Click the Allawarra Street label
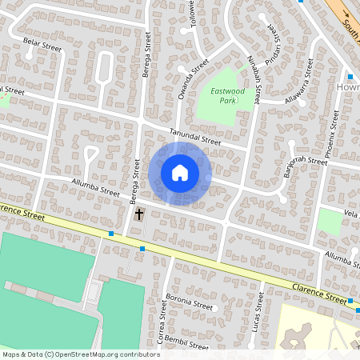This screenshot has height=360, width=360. tap(306, 92)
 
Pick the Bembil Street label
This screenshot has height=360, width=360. tap(186, 345)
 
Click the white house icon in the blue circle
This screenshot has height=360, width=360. tap(180, 173)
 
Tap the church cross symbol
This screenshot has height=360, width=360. tap(139, 214)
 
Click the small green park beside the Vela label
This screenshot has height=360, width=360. tap(329, 221)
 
